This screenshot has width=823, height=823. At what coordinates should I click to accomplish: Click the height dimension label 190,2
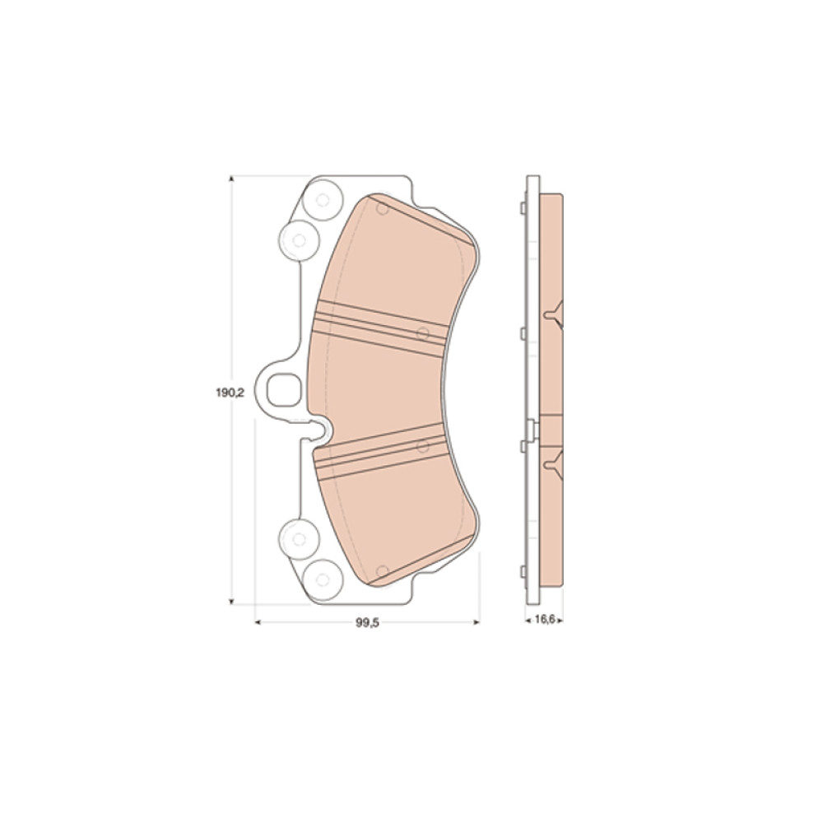point(230,393)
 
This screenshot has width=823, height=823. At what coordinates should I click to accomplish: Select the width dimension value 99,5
point(367,622)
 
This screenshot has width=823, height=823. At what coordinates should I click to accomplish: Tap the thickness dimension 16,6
point(545,620)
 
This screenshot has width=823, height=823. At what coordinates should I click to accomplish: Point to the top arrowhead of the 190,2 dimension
point(231,179)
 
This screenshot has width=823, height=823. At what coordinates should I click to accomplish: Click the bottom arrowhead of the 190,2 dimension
point(231,602)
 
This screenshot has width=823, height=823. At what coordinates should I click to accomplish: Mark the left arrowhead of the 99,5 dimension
point(258,622)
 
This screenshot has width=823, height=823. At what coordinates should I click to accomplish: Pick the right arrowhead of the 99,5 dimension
point(477,622)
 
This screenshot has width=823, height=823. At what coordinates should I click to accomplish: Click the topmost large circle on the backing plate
point(323,200)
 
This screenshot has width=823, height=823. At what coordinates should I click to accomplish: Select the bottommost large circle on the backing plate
point(323,579)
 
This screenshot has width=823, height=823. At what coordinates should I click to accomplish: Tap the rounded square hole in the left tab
point(285,390)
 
